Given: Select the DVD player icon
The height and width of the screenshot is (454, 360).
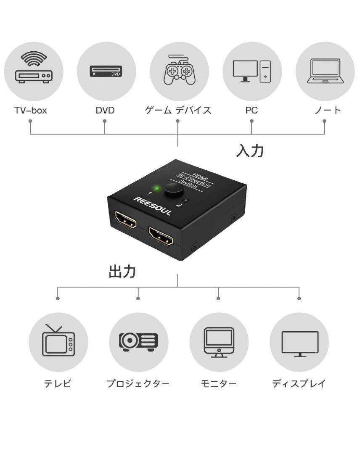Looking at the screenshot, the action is (x=106, y=71).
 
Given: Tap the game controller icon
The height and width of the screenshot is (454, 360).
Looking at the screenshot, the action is (x=179, y=70).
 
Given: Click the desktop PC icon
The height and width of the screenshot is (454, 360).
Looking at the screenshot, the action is (x=252, y=71).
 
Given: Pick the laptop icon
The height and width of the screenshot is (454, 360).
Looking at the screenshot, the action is (x=325, y=71).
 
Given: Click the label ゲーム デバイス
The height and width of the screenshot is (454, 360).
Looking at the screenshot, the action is (x=178, y=110).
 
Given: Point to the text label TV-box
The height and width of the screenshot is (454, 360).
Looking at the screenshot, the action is (x=31, y=110).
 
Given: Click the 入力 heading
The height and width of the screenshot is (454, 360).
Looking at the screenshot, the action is (x=250, y=150).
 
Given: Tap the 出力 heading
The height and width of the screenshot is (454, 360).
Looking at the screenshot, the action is (x=122, y=272).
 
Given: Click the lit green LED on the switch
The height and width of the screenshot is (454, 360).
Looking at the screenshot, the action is (x=157, y=189).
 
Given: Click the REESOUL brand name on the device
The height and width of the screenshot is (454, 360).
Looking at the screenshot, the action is (x=152, y=206).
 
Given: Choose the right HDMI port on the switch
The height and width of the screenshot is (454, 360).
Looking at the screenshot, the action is (x=161, y=236).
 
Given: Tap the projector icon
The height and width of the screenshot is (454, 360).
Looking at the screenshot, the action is (x=138, y=342).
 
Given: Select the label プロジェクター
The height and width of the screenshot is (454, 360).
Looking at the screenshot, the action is (x=138, y=384).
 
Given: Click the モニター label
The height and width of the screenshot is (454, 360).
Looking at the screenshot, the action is (x=219, y=384).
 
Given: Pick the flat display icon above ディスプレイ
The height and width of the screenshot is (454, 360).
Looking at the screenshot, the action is (x=300, y=344).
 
